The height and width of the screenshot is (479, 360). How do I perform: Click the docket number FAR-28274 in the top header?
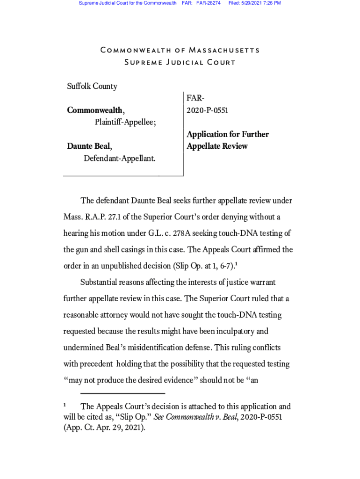[208, 3]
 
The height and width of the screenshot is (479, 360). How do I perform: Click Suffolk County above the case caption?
[92, 86]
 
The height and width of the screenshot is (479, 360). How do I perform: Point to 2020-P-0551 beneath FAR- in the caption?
[208, 110]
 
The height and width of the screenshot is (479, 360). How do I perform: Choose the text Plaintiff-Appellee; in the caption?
[125, 122]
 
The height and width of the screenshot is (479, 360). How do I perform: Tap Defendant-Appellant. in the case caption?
[119, 159]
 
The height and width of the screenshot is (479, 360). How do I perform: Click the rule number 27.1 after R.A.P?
[122, 217]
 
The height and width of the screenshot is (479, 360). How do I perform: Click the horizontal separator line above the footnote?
[122, 393]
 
